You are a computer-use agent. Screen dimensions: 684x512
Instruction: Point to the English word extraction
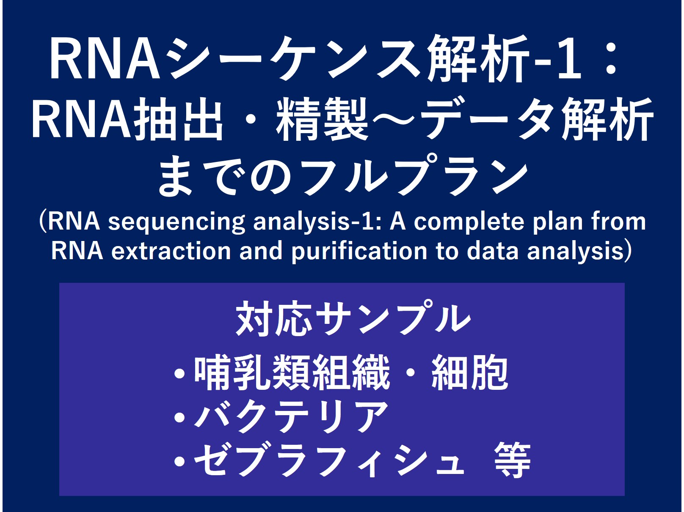[x=171, y=251]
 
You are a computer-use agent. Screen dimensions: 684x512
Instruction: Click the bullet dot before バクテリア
[x=180, y=417]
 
